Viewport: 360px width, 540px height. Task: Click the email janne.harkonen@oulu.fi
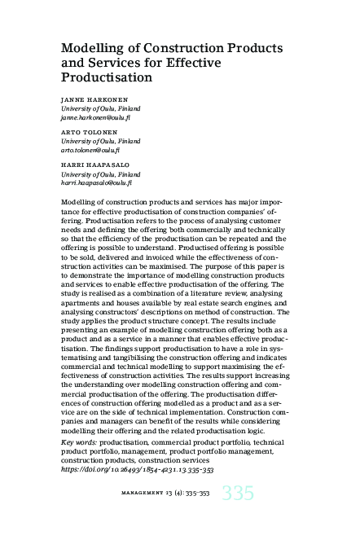(x=100, y=119)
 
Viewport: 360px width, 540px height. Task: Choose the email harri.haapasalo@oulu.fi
(x=103, y=182)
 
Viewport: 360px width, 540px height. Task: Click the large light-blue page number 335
(x=236, y=494)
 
